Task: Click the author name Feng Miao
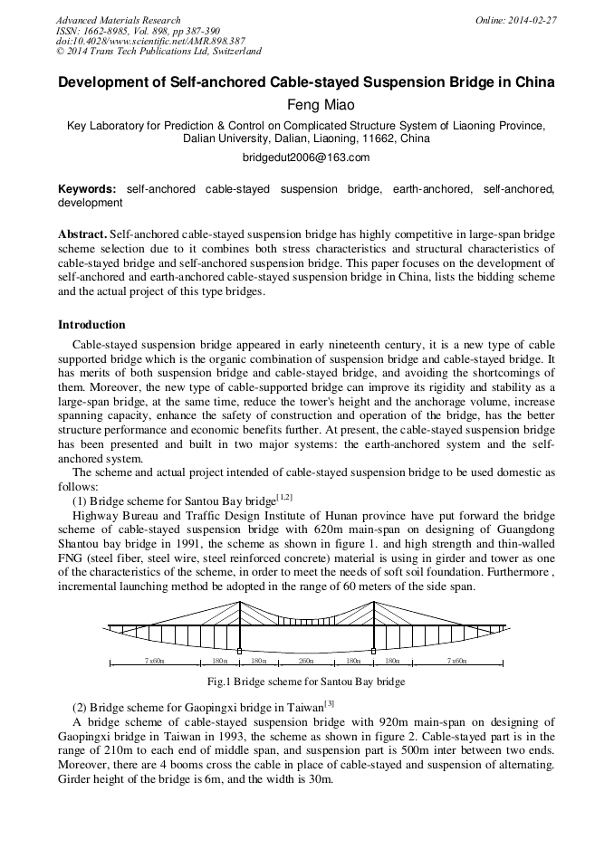306,105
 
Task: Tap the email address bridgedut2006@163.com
306,157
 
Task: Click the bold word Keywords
87,189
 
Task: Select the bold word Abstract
82,234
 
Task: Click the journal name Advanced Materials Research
118,20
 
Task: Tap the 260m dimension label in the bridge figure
306,662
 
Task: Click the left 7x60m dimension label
154,662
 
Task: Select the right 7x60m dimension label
457,662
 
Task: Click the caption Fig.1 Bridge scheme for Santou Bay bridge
306,682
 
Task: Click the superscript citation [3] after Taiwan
329,702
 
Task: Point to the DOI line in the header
150,41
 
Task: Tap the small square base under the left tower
239,651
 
